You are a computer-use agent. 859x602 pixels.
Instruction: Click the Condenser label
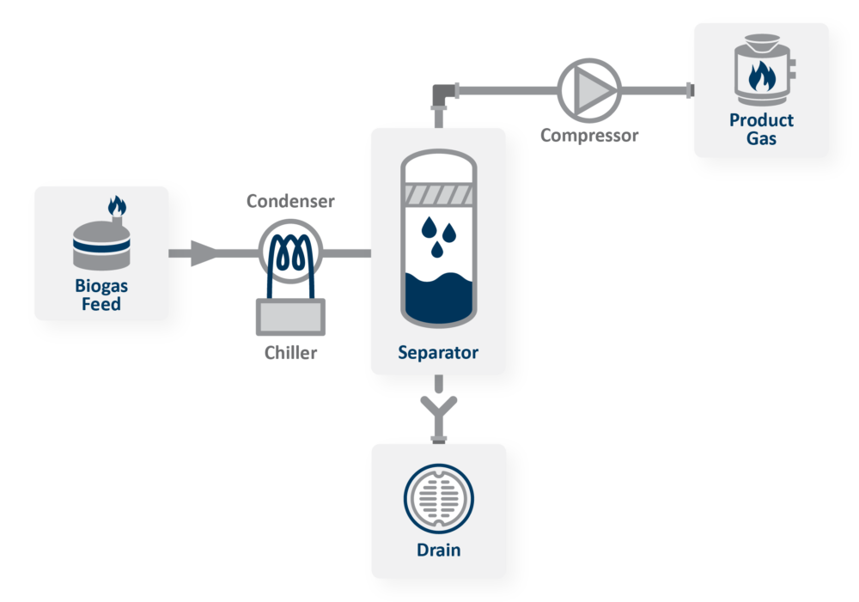[x=290, y=201]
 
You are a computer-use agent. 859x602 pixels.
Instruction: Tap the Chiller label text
[x=290, y=352]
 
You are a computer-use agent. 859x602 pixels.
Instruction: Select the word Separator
[x=438, y=353]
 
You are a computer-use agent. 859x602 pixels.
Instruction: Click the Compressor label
[x=589, y=136]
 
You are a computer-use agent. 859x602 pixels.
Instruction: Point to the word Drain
[x=438, y=550]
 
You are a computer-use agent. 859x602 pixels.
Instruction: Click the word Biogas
[x=101, y=287]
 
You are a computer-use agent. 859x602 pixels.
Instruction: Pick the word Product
[x=761, y=120]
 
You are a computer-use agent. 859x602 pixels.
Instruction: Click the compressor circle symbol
[x=589, y=90]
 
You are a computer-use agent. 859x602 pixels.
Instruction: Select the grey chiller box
[x=290, y=317]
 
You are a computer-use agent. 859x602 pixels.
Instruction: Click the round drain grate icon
[x=438, y=498]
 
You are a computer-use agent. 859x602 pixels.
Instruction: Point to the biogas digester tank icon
[x=101, y=245]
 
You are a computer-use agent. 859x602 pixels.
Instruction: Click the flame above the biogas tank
[x=117, y=206]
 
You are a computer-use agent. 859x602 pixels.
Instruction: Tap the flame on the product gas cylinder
[x=762, y=76]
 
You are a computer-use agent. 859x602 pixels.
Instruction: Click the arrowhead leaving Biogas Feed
[x=204, y=253]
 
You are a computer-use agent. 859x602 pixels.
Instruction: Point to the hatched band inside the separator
[x=438, y=194]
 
